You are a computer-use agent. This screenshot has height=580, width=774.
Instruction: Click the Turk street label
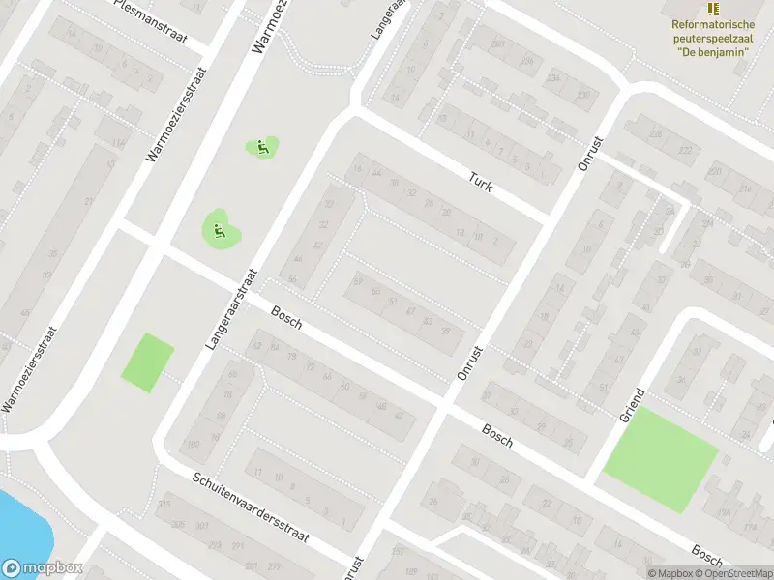tap(481, 181)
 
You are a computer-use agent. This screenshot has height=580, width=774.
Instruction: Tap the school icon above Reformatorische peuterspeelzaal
tap(713, 9)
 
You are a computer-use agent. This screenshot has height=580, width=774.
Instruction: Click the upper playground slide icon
tap(261, 148)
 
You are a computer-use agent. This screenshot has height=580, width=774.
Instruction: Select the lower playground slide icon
tap(220, 230)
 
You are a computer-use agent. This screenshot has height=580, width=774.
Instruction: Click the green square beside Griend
tap(660, 459)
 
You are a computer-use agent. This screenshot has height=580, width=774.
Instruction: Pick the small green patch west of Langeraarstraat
tap(148, 362)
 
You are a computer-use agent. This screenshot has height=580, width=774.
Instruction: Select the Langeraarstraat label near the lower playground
tap(229, 307)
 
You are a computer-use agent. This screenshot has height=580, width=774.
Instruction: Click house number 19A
tap(723, 512)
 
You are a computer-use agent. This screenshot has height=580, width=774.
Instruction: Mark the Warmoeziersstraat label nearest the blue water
tap(30, 370)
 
